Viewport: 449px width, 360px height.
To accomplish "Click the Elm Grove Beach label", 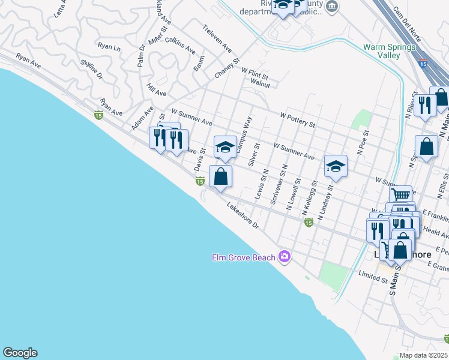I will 243,257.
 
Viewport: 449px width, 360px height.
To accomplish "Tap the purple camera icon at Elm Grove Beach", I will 285,257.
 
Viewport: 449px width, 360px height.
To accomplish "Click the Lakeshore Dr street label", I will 243,217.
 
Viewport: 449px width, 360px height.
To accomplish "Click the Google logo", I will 20,353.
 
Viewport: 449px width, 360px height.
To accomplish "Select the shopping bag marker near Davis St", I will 220,177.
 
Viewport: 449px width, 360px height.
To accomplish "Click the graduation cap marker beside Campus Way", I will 225,147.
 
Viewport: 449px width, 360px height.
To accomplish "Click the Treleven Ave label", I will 217,38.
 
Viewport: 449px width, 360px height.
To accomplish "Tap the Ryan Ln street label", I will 109,46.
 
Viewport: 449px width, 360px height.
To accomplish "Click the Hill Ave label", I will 157,93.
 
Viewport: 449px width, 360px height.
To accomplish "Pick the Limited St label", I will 372,276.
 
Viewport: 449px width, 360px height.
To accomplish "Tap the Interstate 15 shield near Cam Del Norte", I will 424,63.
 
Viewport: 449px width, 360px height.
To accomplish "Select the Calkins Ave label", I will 180,45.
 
